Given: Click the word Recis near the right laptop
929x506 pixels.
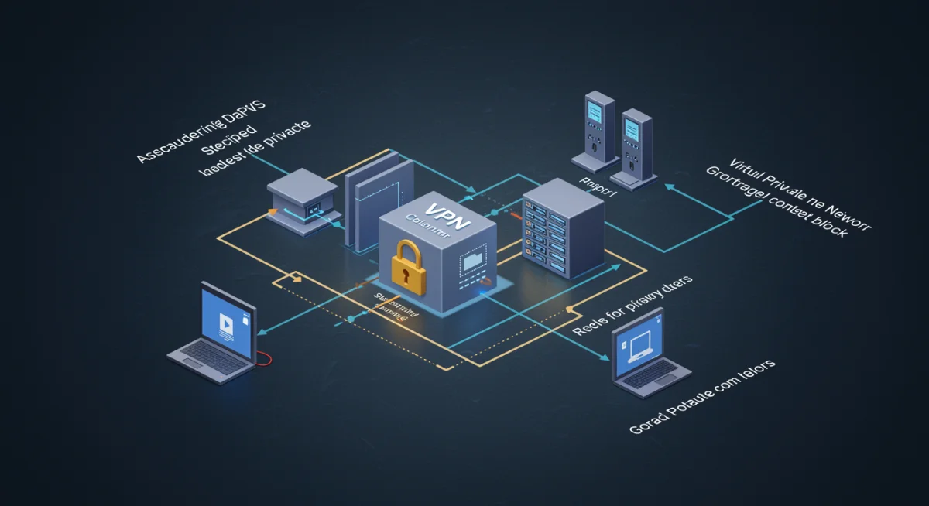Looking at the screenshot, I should pos(590,329).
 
